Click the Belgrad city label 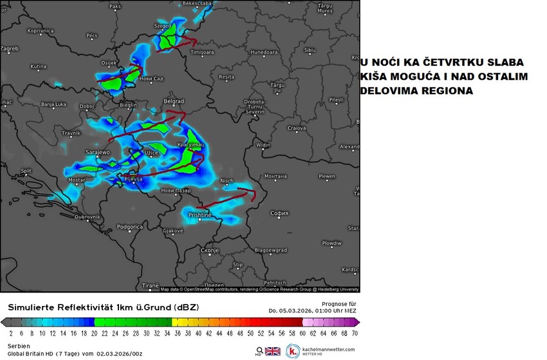(174, 101)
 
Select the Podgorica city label (129, 227)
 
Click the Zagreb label (10, 48)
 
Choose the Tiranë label (149, 284)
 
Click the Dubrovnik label (88, 217)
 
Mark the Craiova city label (296, 128)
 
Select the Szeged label (162, 26)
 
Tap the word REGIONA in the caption (447, 91)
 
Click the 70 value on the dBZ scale (355, 334)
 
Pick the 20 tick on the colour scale (95, 334)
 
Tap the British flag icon (273, 351)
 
